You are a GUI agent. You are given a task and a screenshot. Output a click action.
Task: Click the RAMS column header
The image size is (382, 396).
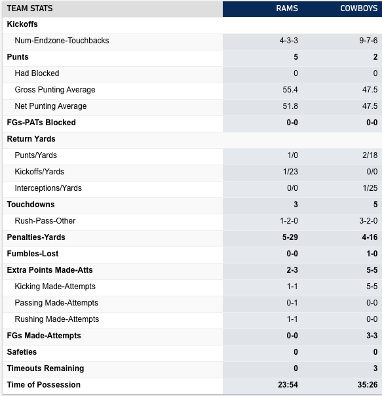(x=287, y=9)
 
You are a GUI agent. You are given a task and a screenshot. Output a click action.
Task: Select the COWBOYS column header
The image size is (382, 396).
(x=359, y=9)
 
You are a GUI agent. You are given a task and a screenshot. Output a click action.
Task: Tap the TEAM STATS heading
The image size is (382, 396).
(x=29, y=9)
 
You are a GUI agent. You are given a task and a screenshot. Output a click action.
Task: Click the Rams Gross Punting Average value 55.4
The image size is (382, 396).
(x=290, y=90)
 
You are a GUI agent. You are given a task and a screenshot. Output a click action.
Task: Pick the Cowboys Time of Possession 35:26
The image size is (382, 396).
(x=368, y=385)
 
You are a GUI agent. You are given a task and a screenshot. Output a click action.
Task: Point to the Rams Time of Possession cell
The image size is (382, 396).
(x=288, y=385)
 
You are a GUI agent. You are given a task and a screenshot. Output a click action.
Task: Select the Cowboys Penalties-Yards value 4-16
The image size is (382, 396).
(x=370, y=237)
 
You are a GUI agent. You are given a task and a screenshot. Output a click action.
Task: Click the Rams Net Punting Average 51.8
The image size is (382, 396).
(x=290, y=106)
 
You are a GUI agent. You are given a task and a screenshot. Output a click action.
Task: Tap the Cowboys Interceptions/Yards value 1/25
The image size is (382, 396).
(x=370, y=188)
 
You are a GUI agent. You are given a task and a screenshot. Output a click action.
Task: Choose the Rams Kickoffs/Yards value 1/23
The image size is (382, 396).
(x=290, y=172)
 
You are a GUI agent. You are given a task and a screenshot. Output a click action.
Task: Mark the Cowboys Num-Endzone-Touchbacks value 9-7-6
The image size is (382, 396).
(x=368, y=41)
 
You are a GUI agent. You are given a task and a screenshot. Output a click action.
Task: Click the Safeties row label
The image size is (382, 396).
(x=22, y=352)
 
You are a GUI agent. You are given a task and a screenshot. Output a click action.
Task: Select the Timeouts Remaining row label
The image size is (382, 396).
(x=45, y=368)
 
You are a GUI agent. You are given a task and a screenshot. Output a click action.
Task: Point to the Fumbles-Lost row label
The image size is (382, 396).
(x=33, y=254)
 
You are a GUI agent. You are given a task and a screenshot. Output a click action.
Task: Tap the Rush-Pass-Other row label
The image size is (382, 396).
(x=45, y=221)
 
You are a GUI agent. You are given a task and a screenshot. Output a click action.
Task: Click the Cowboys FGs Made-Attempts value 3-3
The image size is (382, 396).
(x=372, y=336)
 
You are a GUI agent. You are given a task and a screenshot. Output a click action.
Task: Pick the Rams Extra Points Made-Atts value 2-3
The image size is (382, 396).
(x=292, y=270)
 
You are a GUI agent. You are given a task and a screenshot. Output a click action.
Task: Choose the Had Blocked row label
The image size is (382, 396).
(x=37, y=73)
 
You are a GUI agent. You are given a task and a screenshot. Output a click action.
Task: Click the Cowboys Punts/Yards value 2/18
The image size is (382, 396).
(x=370, y=155)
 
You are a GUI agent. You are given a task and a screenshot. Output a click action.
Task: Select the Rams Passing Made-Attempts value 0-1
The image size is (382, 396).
(x=292, y=303)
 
